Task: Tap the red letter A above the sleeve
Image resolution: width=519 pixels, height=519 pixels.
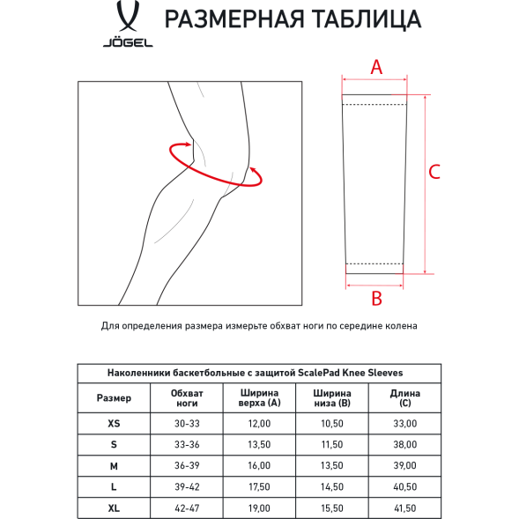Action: tap(375, 66)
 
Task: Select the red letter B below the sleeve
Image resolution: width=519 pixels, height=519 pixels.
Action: tap(376, 298)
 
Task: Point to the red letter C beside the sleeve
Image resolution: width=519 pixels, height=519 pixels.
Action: tap(434, 172)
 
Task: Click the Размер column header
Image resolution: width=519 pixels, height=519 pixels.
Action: tap(114, 397)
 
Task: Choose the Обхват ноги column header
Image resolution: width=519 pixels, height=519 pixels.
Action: tap(188, 397)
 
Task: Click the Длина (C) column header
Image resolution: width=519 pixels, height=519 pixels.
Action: tap(404, 397)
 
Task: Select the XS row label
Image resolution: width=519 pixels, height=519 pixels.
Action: tap(114, 424)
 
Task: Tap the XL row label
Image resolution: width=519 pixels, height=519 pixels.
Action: tap(114, 508)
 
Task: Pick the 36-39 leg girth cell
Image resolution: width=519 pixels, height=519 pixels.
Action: tap(188, 466)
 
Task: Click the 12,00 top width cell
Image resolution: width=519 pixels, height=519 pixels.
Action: tap(259, 424)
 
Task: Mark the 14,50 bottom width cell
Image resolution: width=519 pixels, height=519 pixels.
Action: tap(332, 487)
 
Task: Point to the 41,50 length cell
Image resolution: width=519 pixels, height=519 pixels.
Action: tap(404, 508)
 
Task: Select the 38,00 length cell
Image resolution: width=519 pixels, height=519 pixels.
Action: tap(404, 445)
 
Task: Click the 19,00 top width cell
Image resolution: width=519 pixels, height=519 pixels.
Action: tap(259, 508)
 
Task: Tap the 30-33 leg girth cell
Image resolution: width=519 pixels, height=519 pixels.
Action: tap(188, 424)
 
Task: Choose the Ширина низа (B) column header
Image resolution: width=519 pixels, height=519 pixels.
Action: tap(332, 397)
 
